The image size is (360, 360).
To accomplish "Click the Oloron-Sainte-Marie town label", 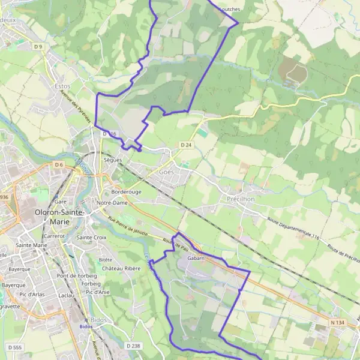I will point(60,217).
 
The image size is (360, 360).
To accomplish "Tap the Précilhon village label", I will point(241,199).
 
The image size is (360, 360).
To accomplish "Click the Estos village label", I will point(62,86).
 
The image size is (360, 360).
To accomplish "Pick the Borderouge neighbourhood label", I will point(126,191).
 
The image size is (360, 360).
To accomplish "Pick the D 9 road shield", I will point(39,46).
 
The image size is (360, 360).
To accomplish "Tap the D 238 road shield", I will point(133,346).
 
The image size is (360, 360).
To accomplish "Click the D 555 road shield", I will point(14,347).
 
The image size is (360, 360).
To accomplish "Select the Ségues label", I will point(113,160).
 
